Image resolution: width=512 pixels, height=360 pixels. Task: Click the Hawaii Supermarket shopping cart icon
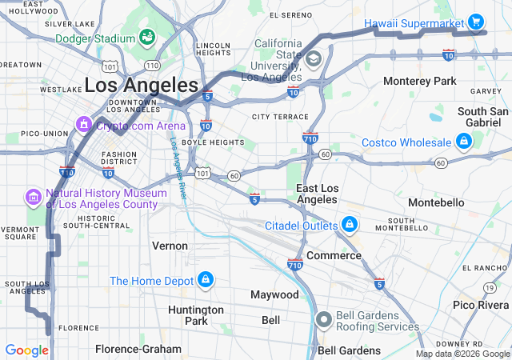[x=475, y=22]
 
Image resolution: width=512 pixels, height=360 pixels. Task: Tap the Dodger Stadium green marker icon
[x=147, y=37]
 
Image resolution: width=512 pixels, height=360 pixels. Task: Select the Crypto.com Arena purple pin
[x=83, y=124]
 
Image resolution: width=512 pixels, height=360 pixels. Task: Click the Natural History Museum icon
[x=33, y=197]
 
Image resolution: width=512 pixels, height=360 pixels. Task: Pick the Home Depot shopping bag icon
[x=206, y=280]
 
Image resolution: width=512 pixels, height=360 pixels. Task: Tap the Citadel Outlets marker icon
[x=350, y=225]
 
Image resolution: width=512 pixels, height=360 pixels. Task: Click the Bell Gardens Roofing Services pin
[x=324, y=320]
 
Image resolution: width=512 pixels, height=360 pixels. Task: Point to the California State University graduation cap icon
[x=313, y=58]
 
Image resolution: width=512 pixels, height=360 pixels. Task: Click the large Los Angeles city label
[x=141, y=85]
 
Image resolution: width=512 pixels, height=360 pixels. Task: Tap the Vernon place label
[x=170, y=246]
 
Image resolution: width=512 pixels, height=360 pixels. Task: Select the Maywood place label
[x=274, y=294]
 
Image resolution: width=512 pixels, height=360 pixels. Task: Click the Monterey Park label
[x=419, y=82]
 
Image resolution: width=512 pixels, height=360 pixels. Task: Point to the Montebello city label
[x=436, y=202]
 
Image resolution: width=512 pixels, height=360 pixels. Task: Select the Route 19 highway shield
[x=488, y=287]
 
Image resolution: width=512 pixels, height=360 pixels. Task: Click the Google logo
[x=27, y=350]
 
